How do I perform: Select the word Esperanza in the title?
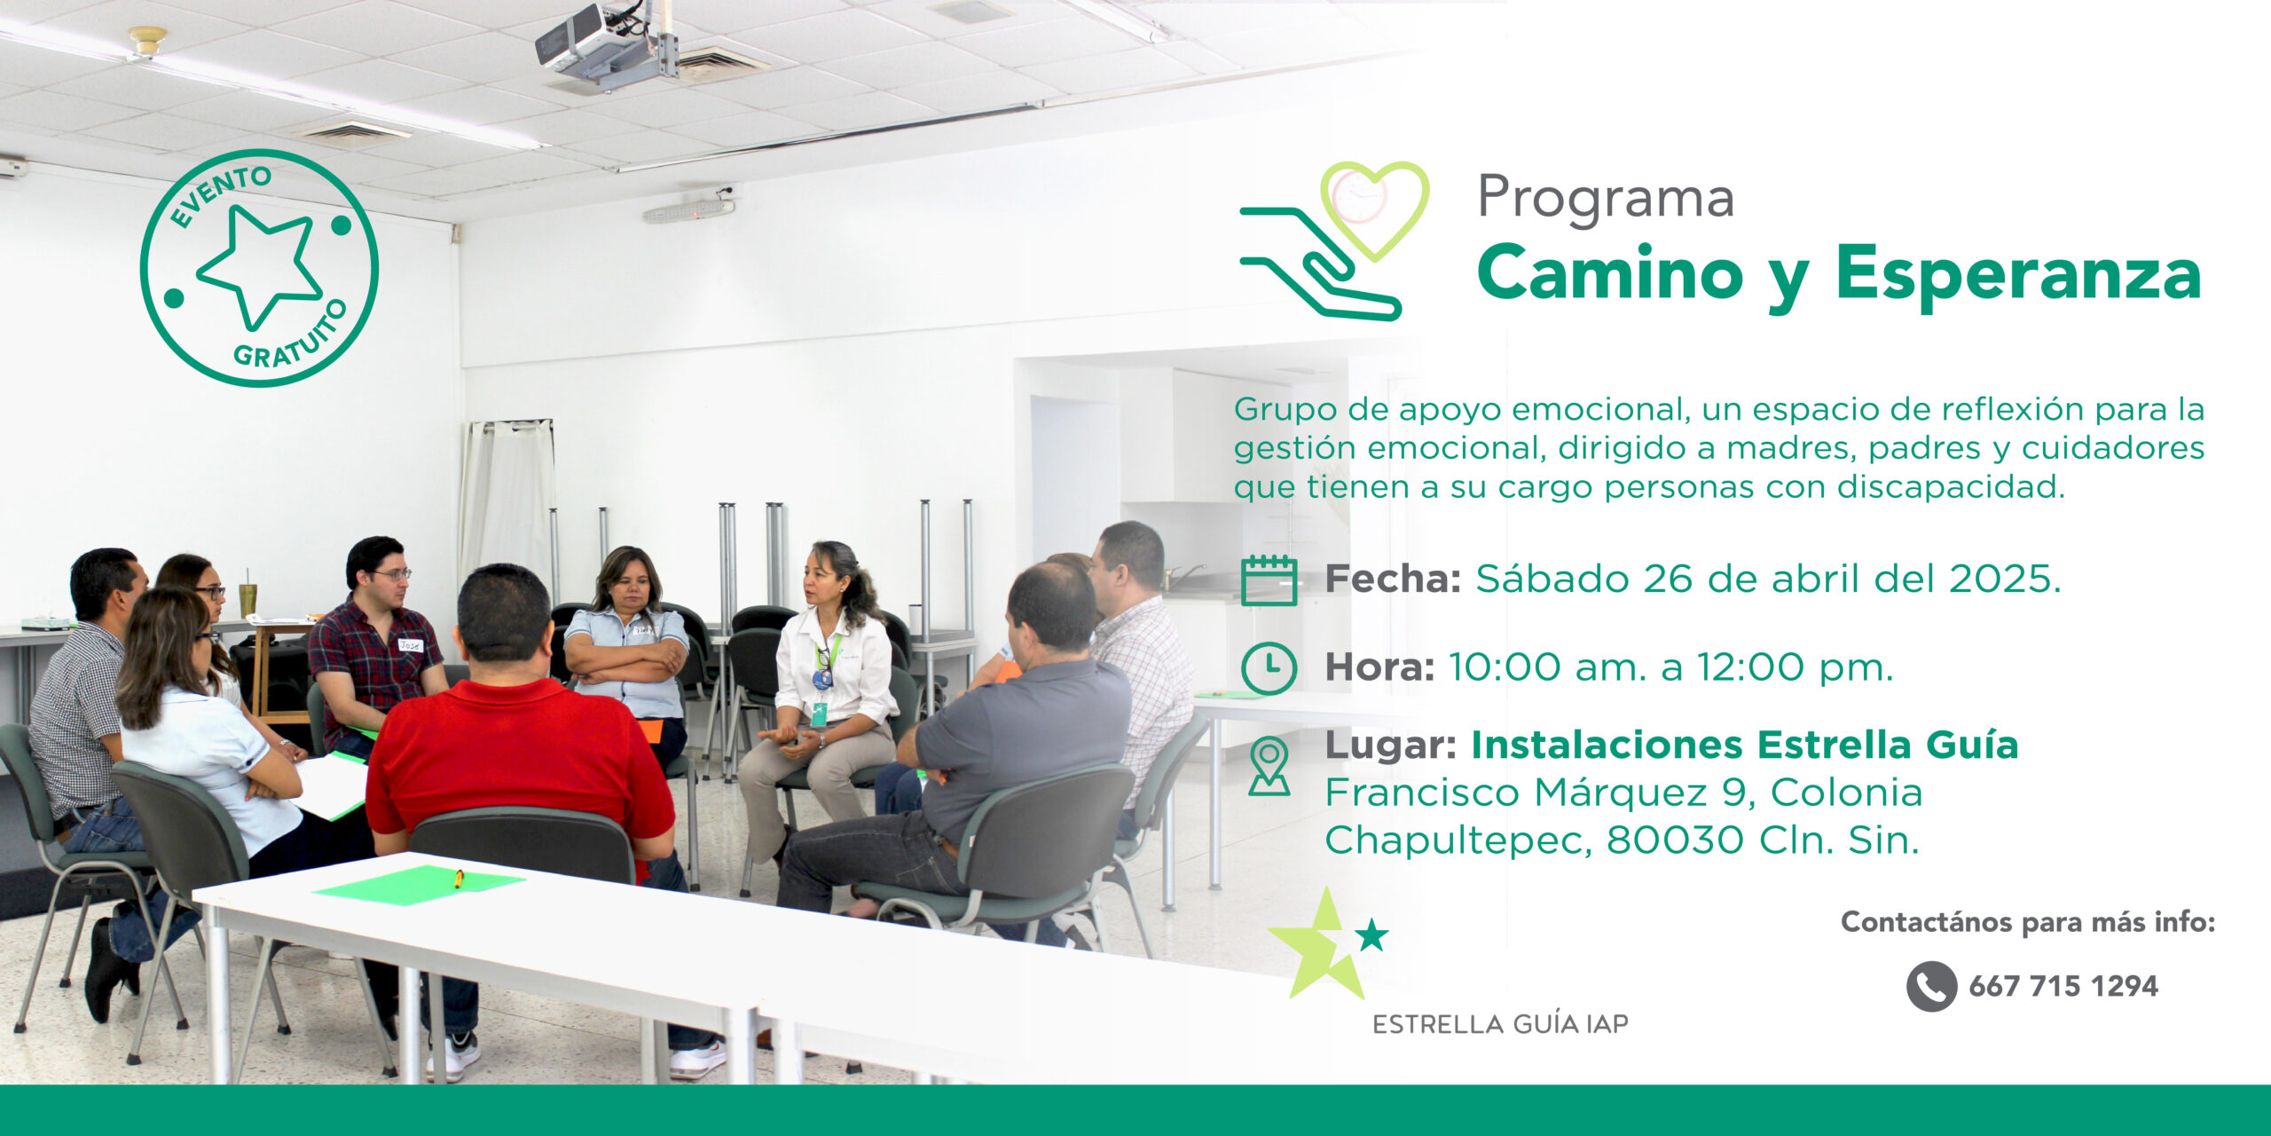pos(2018,274)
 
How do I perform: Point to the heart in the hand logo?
pos(1374,209)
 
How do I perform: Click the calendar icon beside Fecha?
pos(1269,580)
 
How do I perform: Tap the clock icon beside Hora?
pos(1269,667)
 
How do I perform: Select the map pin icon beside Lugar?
pos(1269,766)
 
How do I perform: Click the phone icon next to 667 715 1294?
pos(1931,986)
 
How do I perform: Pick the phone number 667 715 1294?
pos(2063,986)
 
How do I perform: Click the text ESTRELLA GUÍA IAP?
pos(1500,1024)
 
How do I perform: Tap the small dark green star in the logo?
pos(1371,935)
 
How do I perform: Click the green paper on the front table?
pos(419,883)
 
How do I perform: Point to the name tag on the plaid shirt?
pos(409,645)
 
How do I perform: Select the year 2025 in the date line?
pos(2003,579)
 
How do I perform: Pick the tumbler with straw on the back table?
pos(248,597)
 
